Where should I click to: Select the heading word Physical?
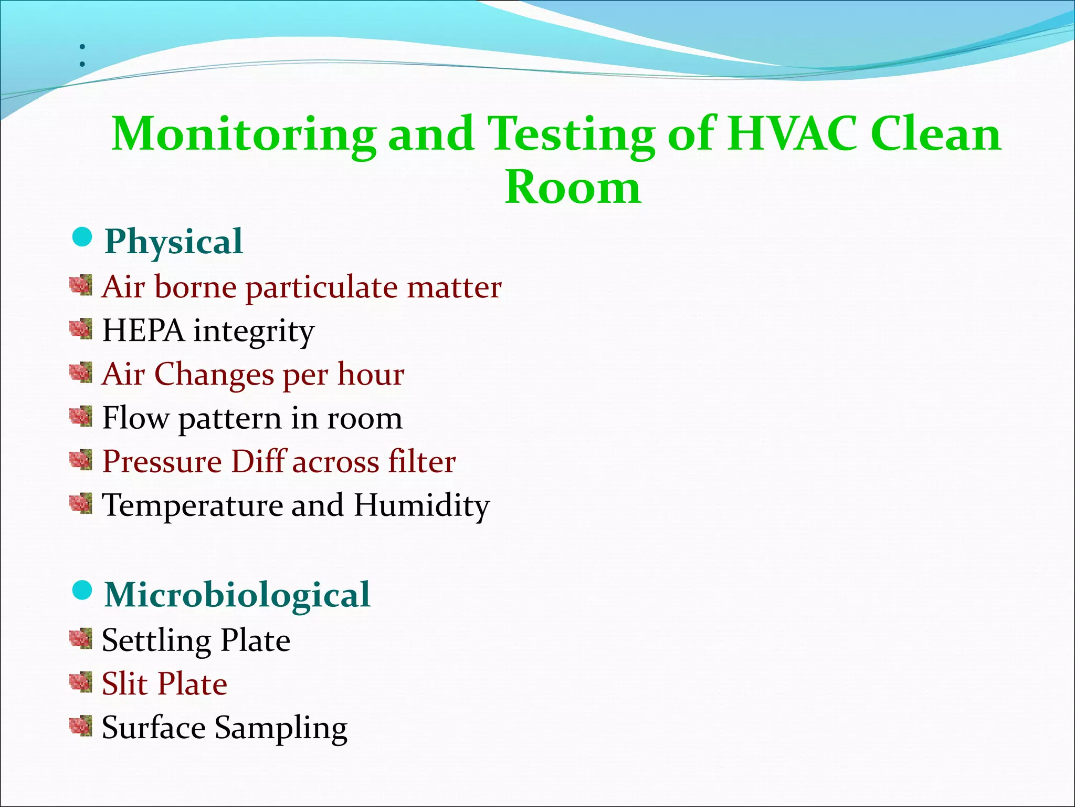coord(174,242)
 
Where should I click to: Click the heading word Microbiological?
coord(237,595)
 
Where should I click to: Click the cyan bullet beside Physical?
coord(82,237)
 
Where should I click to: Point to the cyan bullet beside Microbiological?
coord(82,591)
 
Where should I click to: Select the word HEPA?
coord(143,331)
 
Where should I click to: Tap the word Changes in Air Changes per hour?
coord(214,375)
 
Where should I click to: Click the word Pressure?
coord(162,462)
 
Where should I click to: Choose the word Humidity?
coord(421,506)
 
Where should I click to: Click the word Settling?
coord(155,641)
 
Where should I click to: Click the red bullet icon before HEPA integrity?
coord(81,329)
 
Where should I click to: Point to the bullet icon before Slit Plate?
coord(81,682)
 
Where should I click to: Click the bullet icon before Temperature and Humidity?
coord(81,504)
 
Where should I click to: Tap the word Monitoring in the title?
coord(244,135)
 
